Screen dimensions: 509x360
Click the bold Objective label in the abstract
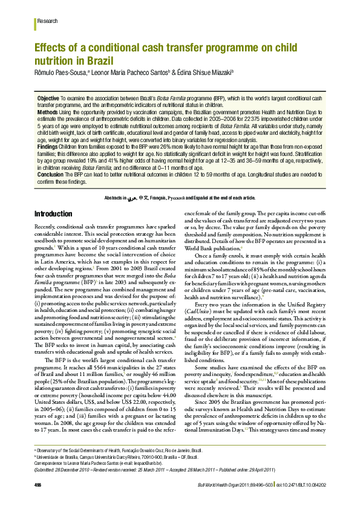click(x=48, y=98)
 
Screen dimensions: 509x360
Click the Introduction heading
click(x=53, y=214)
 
